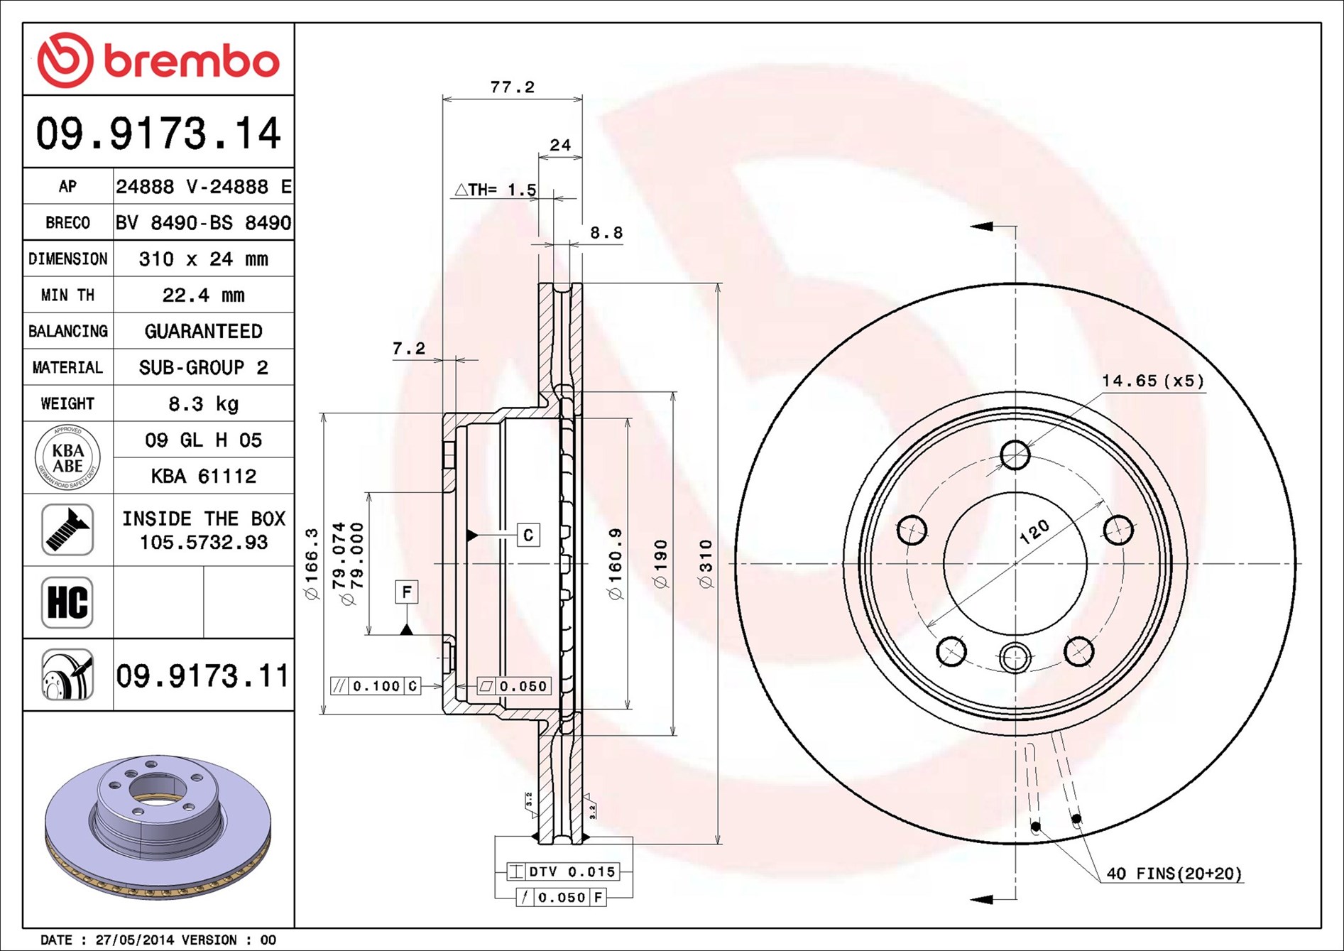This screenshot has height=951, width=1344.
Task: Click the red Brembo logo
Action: click(158, 60)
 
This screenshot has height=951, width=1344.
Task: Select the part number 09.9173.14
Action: click(158, 134)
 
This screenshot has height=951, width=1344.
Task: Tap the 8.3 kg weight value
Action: click(203, 403)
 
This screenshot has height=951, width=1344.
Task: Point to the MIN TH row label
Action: click(67, 295)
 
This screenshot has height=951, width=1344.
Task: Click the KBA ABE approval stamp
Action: click(67, 457)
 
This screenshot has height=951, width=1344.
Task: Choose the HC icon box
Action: click(67, 602)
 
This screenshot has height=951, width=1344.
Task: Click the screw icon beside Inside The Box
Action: click(67, 530)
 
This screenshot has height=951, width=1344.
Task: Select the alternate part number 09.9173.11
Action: click(202, 675)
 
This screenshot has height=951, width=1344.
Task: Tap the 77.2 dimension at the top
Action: click(512, 87)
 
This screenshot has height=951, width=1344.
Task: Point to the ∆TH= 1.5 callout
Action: click(496, 190)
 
